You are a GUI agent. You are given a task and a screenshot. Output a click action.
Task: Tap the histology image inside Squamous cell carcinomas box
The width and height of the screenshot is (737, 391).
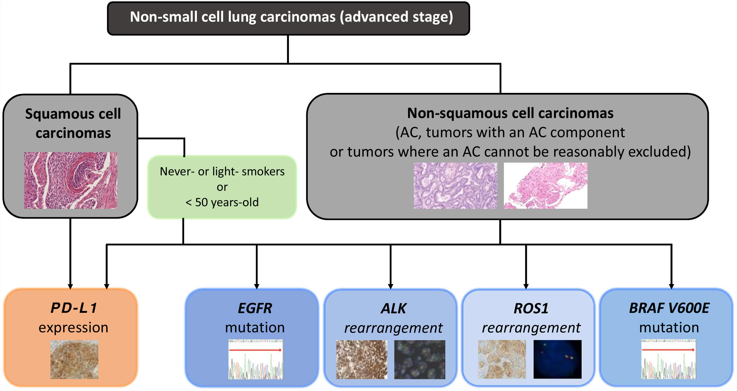pos(71,180)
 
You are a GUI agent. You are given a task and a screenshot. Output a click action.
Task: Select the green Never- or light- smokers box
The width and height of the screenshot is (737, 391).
pos(222,187)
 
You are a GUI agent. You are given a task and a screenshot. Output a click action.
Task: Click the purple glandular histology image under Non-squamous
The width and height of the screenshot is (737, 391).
pos(455,186)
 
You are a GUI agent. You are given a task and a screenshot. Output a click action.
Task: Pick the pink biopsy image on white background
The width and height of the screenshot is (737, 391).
pos(545,186)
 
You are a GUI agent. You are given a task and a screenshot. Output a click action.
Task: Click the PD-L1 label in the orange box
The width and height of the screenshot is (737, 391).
pos(73,308)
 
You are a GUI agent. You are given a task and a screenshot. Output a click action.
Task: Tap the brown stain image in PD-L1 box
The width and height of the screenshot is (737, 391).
pos(74,359)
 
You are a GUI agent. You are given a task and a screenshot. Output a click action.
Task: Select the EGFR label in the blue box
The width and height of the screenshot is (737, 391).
pos(255,308)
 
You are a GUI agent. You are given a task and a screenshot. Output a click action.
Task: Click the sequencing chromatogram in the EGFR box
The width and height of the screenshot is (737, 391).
pos(256,359)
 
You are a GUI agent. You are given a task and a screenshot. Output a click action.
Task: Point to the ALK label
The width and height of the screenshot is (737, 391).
pos(393,308)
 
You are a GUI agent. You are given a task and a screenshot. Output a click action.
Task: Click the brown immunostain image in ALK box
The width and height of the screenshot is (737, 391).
pos(361,359)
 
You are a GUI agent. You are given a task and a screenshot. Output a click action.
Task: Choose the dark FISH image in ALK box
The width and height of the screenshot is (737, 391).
pos(419,359)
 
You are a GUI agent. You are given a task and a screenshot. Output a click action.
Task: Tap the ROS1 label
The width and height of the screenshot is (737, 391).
pos(531,308)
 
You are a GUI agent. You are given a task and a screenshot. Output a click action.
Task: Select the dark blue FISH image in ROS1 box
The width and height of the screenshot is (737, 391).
pos(557,359)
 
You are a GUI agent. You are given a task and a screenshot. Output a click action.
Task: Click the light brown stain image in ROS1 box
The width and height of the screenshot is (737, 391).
pos(502,359)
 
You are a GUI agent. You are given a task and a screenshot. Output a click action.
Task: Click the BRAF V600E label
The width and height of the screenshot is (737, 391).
pos(669,308)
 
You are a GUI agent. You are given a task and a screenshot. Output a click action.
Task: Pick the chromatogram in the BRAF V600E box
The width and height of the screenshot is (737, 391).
pos(668,359)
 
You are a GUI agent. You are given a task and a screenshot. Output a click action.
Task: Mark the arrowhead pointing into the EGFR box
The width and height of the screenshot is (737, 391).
pos(257,286)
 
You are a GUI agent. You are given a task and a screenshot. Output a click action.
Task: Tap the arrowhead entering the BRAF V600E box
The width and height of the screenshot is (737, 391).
pos(671,286)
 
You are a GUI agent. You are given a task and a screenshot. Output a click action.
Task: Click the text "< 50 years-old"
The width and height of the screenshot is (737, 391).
pos(222,202)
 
